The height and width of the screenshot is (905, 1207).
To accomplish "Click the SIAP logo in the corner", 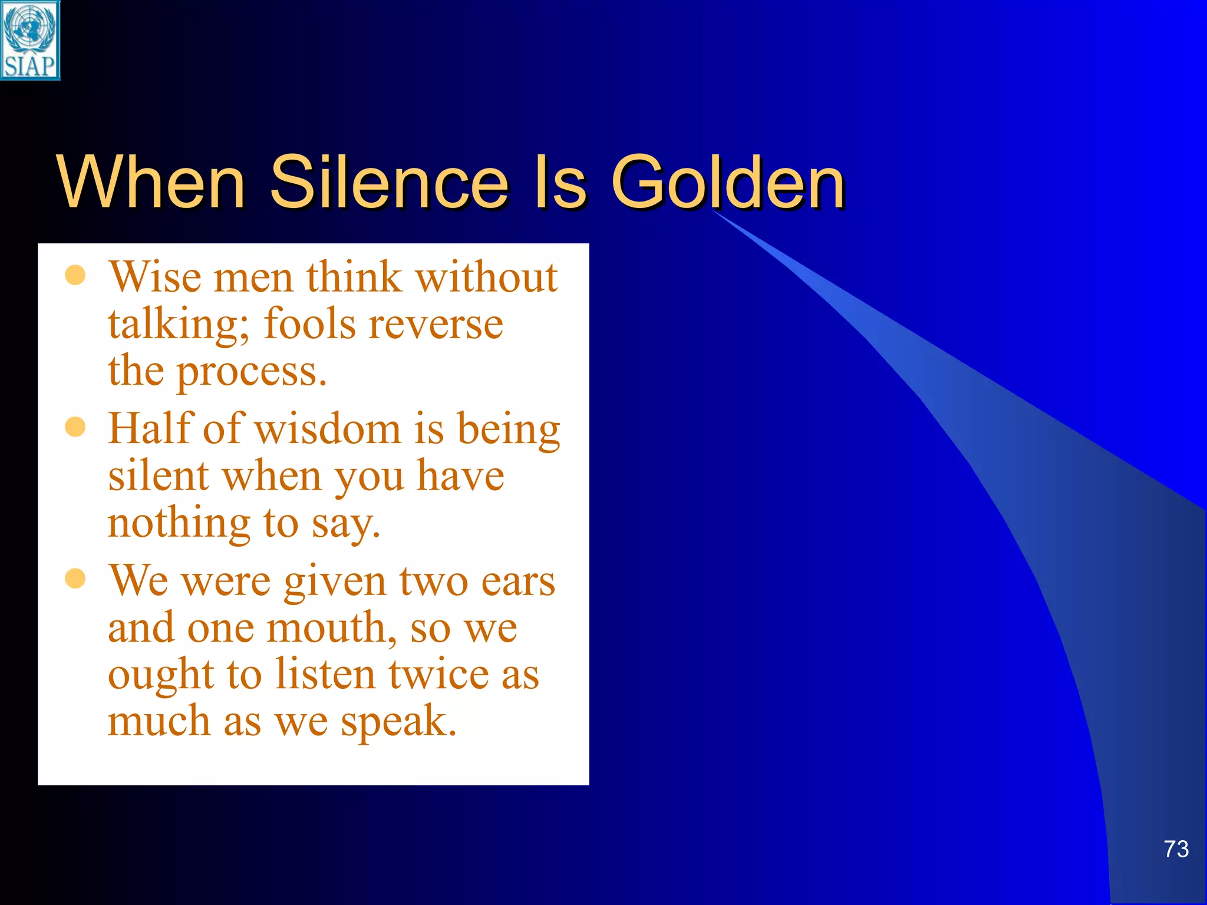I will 29,40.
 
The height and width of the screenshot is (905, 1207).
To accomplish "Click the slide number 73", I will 1176,849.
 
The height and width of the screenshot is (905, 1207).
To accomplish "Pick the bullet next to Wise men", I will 75,275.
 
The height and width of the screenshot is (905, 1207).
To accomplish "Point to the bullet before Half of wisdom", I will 75,427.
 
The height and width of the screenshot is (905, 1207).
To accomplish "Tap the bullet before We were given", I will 75,579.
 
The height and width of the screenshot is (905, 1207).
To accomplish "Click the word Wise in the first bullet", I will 155,277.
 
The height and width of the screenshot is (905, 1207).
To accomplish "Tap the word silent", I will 159,476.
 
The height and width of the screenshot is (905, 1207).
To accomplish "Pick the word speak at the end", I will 398,722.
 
